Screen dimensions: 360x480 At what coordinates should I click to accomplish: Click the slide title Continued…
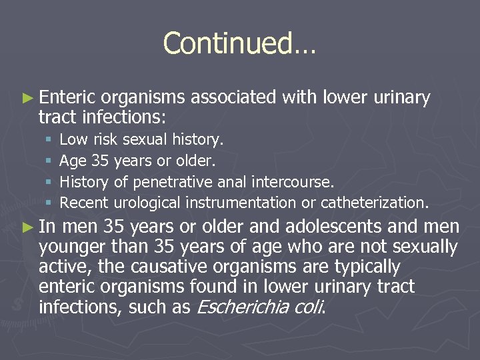coord(240,43)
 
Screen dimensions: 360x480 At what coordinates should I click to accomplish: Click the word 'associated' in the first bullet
coord(233,98)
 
